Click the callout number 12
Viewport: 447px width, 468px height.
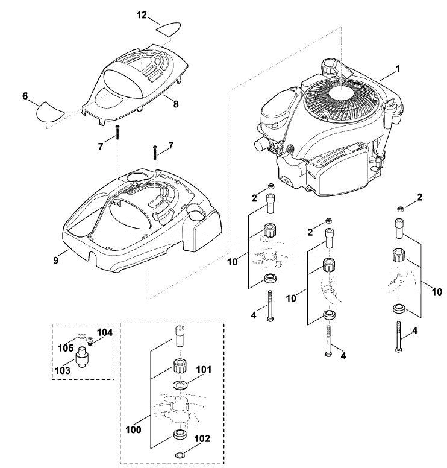(142, 14)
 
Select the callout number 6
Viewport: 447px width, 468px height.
(25, 96)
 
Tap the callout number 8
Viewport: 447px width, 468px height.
(176, 104)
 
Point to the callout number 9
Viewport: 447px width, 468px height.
(56, 261)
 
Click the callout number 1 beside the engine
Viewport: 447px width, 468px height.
(398, 69)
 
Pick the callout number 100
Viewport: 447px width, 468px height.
(133, 430)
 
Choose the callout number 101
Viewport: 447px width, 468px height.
(204, 370)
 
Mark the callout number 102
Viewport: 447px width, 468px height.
(202, 438)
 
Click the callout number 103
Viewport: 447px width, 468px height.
(63, 370)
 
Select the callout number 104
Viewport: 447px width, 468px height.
(105, 332)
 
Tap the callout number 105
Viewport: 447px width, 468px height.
(66, 348)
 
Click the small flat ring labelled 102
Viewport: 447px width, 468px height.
(180, 455)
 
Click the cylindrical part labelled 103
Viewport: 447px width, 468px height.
(83, 356)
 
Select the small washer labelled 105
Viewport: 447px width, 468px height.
(81, 337)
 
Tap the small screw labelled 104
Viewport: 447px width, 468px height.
(89, 341)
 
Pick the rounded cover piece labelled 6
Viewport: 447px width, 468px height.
(49, 112)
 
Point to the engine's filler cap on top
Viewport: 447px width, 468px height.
(328, 68)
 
